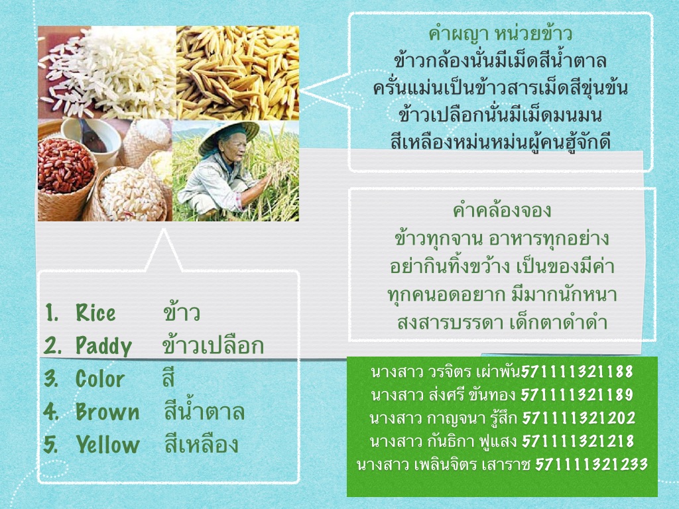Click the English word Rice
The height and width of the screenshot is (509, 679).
[95, 313]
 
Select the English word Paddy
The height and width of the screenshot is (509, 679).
[103, 346]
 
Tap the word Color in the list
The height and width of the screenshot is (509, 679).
[99, 378]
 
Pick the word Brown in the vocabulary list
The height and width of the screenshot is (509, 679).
[107, 412]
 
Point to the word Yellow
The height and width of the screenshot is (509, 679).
[107, 445]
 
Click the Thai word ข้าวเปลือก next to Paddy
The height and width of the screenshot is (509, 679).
[213, 345]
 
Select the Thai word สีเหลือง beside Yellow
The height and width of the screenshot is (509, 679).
[202, 443]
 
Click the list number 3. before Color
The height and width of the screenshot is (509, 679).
[51, 378]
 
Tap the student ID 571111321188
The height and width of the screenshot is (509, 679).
[577, 371]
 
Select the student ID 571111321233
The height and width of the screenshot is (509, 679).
[591, 465]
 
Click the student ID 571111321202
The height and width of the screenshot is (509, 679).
[578, 418]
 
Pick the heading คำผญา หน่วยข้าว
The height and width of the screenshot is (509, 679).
[501, 33]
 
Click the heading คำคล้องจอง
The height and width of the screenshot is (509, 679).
[501, 210]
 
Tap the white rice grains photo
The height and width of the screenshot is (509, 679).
[107, 72]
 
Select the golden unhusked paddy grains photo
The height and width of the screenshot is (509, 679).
[238, 73]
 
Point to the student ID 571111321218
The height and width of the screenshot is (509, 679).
[578, 441]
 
